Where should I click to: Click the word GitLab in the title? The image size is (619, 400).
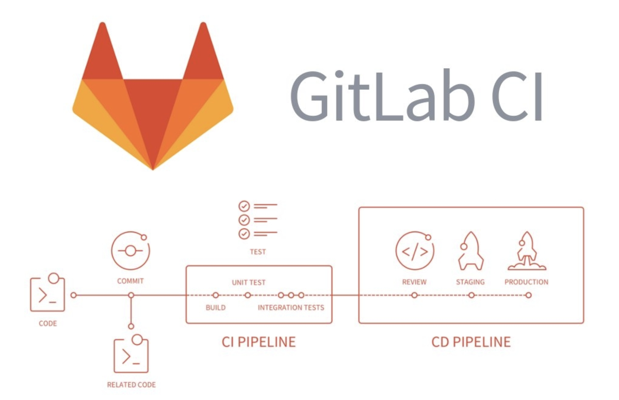tap(382, 96)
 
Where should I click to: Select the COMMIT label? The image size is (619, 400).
tap(131, 281)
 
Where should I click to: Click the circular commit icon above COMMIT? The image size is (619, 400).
tap(131, 251)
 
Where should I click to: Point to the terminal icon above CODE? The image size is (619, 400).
tap(47, 293)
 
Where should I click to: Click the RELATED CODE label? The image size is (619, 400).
tap(131, 385)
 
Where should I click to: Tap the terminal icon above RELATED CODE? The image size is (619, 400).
tap(131, 354)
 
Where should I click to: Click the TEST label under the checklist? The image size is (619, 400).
tap(258, 252)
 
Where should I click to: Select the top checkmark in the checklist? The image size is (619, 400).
tap(244, 206)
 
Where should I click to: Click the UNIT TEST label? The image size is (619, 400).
tap(249, 282)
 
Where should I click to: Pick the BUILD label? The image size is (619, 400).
tap(216, 307)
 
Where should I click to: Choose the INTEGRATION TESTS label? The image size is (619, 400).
tap(291, 307)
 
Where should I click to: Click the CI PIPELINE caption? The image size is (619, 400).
tap(258, 342)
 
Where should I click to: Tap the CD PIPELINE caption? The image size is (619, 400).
tap(471, 342)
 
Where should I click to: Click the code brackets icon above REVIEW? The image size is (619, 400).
tap(415, 251)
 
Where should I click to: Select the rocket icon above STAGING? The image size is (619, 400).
tap(470, 251)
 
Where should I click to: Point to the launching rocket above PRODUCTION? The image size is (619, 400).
tap(527, 251)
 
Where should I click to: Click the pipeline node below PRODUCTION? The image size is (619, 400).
tap(529, 296)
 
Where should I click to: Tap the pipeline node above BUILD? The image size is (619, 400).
tap(216, 296)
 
